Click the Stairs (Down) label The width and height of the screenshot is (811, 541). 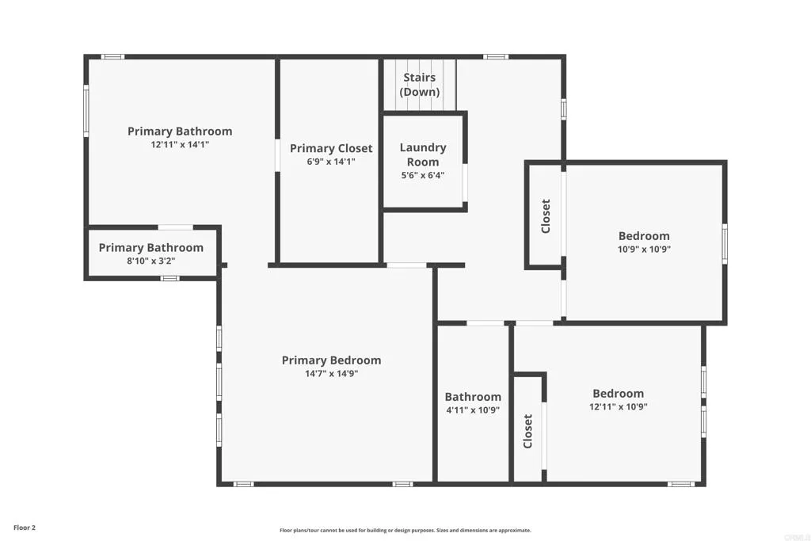tap(419, 85)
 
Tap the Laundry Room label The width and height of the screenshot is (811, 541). tap(422, 154)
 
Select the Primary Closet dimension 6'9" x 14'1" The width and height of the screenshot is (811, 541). tap(331, 162)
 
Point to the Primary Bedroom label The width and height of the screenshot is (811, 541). tap(331, 360)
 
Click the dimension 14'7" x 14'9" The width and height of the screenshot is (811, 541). tap(331, 374)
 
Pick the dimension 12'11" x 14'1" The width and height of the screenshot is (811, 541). tap(180, 145)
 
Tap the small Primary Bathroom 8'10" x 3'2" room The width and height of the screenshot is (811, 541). tap(150, 254)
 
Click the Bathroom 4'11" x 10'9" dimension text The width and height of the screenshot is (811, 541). tap(473, 410)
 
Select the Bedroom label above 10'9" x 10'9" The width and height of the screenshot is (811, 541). tap(644, 235)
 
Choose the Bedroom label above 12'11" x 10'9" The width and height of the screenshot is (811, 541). tap(618, 393)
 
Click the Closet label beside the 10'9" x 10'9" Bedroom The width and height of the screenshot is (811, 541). tap(545, 215)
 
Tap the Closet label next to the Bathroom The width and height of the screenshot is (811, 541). tap(528, 431)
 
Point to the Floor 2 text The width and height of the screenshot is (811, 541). tap(25, 527)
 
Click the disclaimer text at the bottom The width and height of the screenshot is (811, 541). tap(405, 531)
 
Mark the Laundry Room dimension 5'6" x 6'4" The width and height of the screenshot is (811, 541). tap(422, 176)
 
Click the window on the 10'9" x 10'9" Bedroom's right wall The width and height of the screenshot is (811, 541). tap(724, 242)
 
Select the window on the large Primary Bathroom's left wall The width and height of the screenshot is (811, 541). tap(86, 111)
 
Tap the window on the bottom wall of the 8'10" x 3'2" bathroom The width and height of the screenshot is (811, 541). tap(169, 278)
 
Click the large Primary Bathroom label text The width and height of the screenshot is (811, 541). tap(180, 131)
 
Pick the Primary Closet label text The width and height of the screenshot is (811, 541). tap(331, 148)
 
